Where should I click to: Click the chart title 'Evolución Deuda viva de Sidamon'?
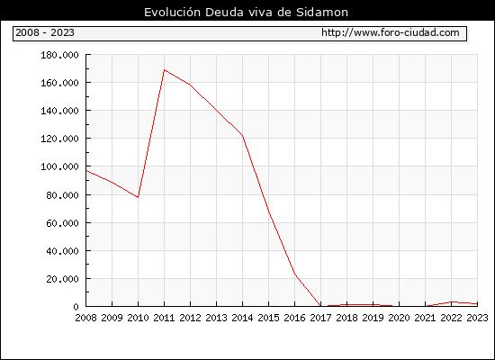point(246,13)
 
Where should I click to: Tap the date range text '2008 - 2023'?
point(45,32)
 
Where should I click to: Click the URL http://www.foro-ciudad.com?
point(391,32)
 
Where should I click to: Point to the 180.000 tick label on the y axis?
point(59,55)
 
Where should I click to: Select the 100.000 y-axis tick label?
point(59,166)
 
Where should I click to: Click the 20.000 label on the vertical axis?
point(62,279)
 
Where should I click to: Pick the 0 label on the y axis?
point(76,307)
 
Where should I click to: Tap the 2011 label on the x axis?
point(164,318)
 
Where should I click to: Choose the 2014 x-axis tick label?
point(242,318)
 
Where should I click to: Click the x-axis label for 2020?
point(399,318)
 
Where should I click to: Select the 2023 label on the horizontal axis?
point(477,318)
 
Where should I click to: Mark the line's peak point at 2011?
point(164,70)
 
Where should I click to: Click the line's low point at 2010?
point(138,197)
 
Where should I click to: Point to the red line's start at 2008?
point(86,170)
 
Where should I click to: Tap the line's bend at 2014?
point(242,135)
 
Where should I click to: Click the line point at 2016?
point(295,274)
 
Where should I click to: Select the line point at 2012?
point(190,85)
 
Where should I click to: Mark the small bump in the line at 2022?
point(452,301)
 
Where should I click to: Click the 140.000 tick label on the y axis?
point(59,111)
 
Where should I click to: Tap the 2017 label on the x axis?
point(320,318)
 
